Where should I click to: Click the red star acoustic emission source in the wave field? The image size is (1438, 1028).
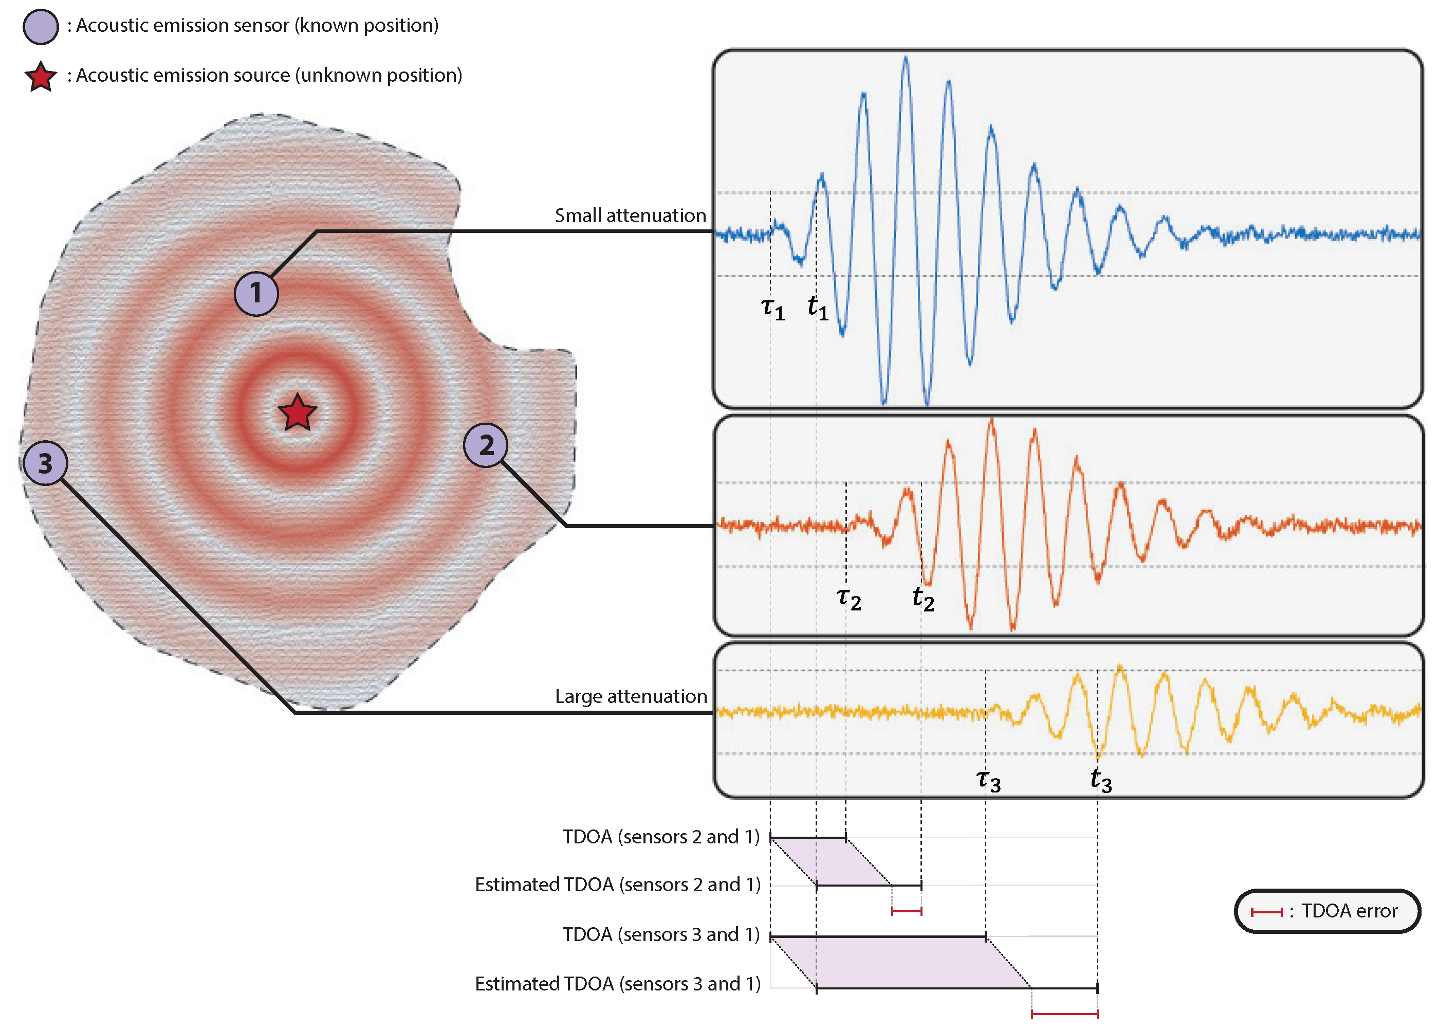click(x=297, y=413)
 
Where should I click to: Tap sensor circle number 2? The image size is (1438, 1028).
click(x=485, y=445)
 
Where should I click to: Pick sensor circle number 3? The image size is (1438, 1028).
click(x=45, y=463)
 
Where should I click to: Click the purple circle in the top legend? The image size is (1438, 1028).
click(x=41, y=27)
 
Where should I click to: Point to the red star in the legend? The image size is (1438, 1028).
click(x=41, y=77)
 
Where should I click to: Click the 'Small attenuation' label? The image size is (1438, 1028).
click(x=630, y=216)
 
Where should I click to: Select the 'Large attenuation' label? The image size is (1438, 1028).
click(x=630, y=696)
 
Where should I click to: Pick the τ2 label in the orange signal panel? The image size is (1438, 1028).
click(x=849, y=598)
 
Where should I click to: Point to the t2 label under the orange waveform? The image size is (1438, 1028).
click(x=923, y=598)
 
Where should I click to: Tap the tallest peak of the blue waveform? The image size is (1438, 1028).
click(x=906, y=58)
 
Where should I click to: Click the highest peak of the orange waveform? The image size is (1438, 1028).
click(x=991, y=420)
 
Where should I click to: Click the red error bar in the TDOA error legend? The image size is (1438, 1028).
click(x=1266, y=912)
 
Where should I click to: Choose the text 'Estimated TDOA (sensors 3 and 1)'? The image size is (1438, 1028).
click(x=617, y=984)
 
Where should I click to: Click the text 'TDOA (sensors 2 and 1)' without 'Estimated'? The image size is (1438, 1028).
click(x=660, y=837)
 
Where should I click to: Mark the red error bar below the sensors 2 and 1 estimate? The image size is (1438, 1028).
click(x=907, y=912)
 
